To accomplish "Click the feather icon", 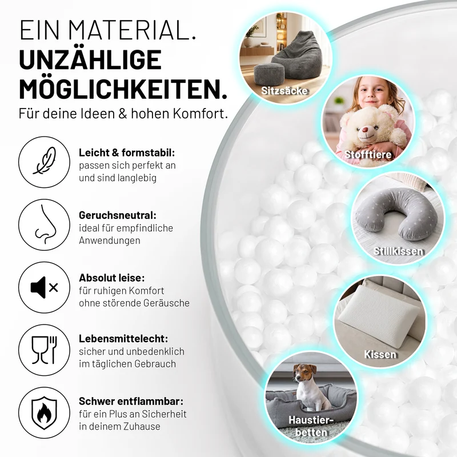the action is coord(45,161).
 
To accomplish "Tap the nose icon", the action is coord(45,224).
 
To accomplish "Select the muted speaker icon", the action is coord(45,288).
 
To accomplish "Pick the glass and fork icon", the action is coord(45,350).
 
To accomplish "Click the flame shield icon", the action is coord(45,412).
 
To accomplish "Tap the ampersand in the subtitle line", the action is coord(123,114).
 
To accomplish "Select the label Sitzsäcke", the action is coord(284,91).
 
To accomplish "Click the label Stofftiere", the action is coord(368,154).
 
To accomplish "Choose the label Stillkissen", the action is coord(398,251).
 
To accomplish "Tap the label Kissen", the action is coord(380,354).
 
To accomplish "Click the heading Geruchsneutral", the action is coord(118,215).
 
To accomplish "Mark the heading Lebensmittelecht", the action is coord(123,339).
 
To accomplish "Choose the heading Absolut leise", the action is coord(111,278).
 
